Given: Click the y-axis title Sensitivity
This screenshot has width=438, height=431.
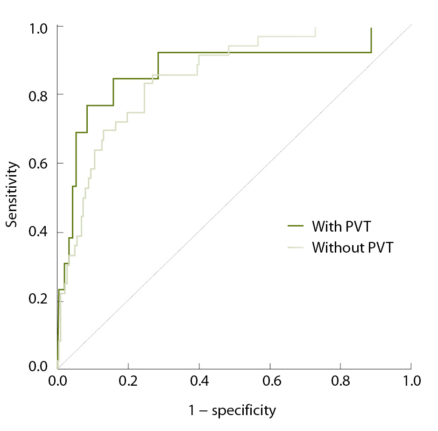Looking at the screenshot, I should click(x=13, y=195).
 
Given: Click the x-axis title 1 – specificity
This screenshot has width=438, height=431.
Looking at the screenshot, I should click(x=232, y=410).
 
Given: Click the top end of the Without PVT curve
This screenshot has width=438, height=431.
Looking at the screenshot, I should click(x=315, y=28).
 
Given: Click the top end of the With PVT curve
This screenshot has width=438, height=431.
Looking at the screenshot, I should click(x=371, y=28).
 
